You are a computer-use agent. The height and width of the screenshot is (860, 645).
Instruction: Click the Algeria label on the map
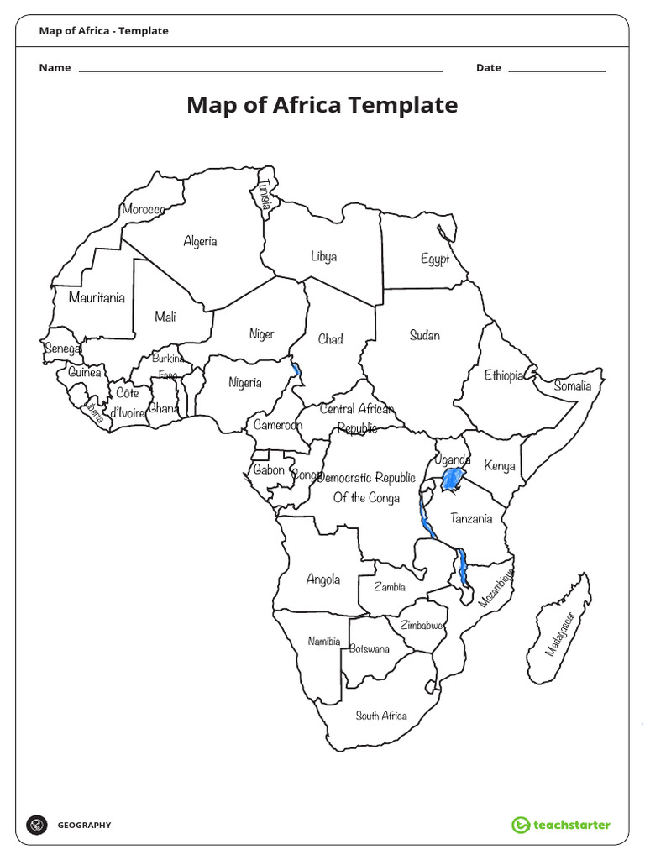tap(200, 242)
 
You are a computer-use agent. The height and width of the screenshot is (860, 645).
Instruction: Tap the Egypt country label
tap(435, 260)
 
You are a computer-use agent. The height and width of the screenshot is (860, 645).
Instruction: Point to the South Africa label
tap(381, 716)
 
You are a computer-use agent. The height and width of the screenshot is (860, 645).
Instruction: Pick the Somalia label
tap(573, 386)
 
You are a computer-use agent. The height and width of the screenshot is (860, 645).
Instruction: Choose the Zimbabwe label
tap(422, 626)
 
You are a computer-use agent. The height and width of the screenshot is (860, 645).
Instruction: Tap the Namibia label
tap(324, 642)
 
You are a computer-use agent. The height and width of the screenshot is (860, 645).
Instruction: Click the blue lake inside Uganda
tap(453, 481)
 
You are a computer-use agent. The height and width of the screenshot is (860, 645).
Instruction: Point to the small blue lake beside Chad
tap(296, 370)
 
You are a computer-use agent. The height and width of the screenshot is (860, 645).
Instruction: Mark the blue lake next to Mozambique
tap(462, 568)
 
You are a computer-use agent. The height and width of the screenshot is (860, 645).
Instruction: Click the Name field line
tap(260, 71)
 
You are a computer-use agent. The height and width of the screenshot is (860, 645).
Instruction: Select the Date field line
tap(557, 71)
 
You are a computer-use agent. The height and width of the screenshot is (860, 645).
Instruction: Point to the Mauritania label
tap(97, 297)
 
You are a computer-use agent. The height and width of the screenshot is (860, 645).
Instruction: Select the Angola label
tap(323, 579)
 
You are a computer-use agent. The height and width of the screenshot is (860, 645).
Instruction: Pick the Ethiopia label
tap(504, 375)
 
